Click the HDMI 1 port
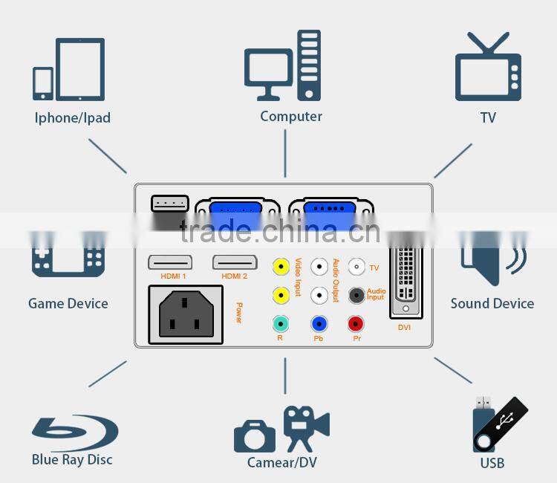[x=170, y=262]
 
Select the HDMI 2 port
[x=235, y=262]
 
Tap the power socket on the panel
[x=186, y=316]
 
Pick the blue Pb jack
[x=319, y=324]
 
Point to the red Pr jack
[x=356, y=324]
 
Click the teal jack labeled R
[x=281, y=324]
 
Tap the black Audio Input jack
[x=356, y=295]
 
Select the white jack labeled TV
[x=356, y=267]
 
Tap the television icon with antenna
[x=488, y=68]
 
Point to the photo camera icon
[x=255, y=435]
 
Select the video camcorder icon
[x=305, y=427]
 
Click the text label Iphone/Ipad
[x=73, y=118]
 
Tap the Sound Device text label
[x=492, y=303]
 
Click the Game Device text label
[x=68, y=303]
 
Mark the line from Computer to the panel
[x=285, y=153]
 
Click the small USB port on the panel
[x=169, y=203]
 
